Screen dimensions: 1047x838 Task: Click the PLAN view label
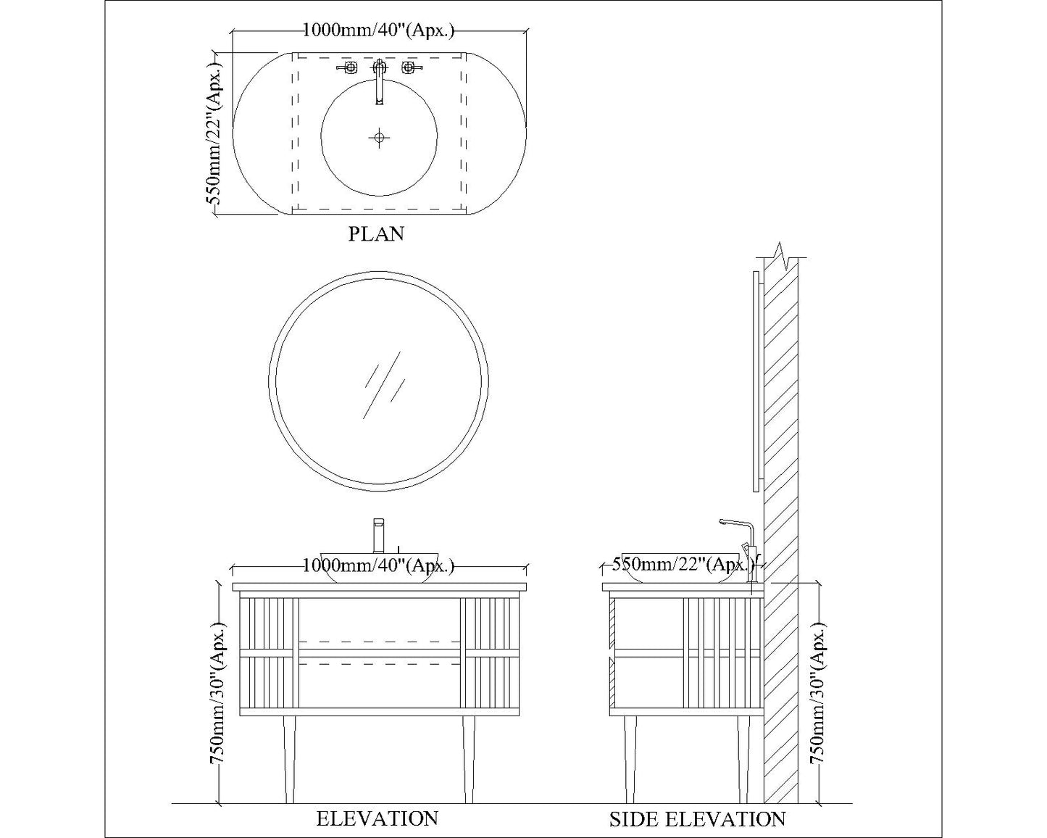tap(376, 234)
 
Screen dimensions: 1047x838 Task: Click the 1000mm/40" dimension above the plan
tap(378, 30)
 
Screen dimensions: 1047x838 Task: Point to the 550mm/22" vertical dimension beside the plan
tap(214, 131)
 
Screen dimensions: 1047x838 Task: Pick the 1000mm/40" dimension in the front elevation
tap(378, 565)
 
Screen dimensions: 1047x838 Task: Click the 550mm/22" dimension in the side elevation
tap(683, 565)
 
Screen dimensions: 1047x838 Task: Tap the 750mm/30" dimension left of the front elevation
tap(217, 692)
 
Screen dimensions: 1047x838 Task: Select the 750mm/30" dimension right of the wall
tap(818, 692)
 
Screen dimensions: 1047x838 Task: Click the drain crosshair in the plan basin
tap(379, 138)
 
